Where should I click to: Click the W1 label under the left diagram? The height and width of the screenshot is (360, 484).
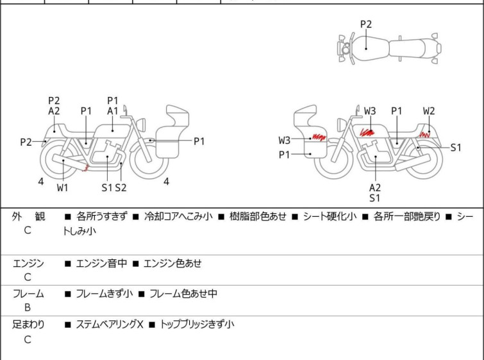[x=62, y=187]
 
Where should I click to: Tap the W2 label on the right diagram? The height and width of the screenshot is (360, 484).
[x=429, y=111]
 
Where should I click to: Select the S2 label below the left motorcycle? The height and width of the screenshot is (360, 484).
[x=121, y=187]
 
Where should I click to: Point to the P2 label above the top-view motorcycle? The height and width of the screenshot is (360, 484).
[x=365, y=24]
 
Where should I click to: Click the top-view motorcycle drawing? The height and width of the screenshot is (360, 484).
[x=388, y=47]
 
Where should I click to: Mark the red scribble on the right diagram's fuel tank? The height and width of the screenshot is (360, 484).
[x=367, y=132]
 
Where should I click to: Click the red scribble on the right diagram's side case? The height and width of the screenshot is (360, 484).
[x=319, y=137]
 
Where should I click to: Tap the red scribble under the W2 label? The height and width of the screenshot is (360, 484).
[x=424, y=135]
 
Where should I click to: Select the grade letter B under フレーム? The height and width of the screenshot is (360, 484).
[x=27, y=307]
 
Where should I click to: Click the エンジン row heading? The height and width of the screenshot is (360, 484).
[x=29, y=263]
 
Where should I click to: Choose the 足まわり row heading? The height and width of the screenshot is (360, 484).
[x=29, y=325]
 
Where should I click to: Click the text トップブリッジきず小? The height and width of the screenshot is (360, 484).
[x=197, y=325]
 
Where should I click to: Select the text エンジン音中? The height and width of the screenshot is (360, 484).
[x=102, y=263]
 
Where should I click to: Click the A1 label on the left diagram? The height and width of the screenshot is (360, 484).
[x=113, y=111]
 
